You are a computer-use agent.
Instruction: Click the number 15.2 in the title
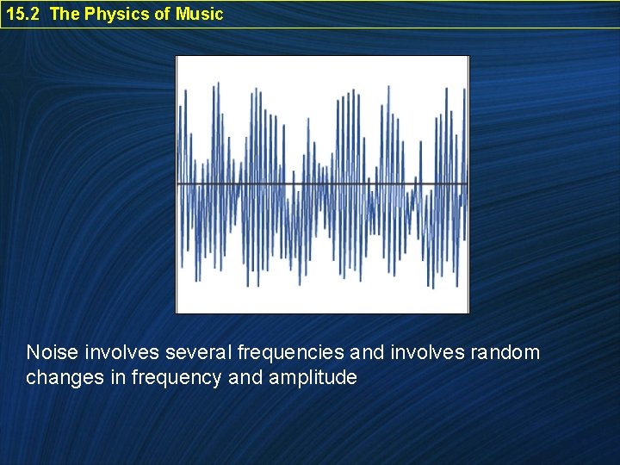[23, 14]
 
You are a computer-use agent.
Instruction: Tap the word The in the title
[65, 14]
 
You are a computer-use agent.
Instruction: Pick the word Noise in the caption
[53, 352]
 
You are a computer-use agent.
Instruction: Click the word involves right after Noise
[122, 352]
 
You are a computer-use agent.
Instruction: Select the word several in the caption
[198, 352]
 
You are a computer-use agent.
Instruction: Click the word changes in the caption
[60, 377]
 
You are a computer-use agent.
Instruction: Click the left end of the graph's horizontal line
[179, 184]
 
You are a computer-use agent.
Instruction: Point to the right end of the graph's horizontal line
[467, 184]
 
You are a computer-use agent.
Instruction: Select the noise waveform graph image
[322, 184]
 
